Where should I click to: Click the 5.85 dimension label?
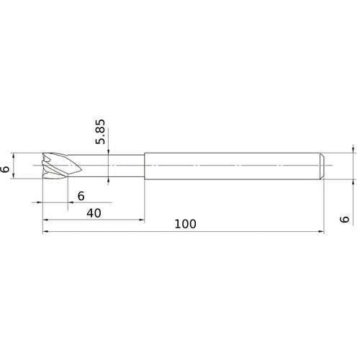point(100,132)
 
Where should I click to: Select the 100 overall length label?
point(185,224)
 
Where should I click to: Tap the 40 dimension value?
point(94,213)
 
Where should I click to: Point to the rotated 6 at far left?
point(5,169)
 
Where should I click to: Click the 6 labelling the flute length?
point(81,196)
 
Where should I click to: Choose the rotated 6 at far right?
point(345,220)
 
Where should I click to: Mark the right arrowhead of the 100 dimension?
point(321,232)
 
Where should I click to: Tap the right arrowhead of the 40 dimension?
point(141,220)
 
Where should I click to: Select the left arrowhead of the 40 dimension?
point(46,220)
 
